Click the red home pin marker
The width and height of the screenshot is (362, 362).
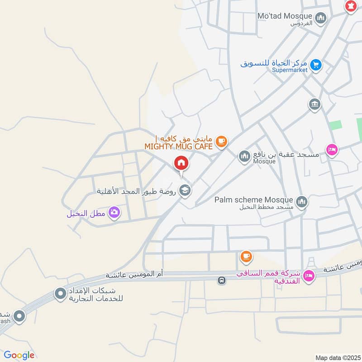[x=181, y=163]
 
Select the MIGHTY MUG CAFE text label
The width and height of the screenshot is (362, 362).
[x=178, y=146]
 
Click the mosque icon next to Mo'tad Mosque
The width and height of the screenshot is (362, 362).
[x=321, y=18]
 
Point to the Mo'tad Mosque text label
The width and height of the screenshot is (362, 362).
[x=285, y=16]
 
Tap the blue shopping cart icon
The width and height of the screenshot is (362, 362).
[x=316, y=65]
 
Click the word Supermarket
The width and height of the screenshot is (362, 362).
[x=290, y=70]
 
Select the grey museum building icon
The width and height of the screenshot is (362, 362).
[x=314, y=104]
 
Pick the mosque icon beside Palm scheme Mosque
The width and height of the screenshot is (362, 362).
[x=301, y=201]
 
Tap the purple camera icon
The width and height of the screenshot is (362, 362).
[x=114, y=211]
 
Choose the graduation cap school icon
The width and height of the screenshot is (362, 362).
[x=184, y=191]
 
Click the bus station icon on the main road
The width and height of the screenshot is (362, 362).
[x=221, y=281]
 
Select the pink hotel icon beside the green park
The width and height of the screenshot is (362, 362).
[x=332, y=150]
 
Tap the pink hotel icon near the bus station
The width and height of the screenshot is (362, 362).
[x=309, y=275]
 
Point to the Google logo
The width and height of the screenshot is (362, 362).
[x=19, y=355]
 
